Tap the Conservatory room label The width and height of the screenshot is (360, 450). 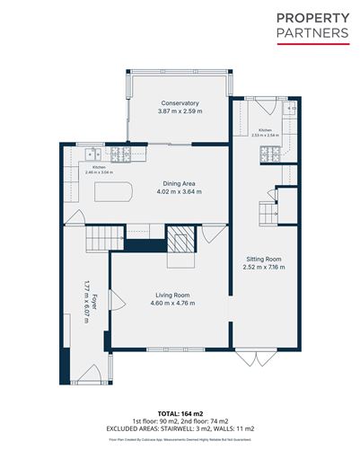(180, 102)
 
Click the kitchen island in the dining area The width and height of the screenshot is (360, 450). (113, 191)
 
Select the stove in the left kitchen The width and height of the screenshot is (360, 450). (119, 154)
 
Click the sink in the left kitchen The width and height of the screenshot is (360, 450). (94, 154)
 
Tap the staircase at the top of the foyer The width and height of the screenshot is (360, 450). (103, 238)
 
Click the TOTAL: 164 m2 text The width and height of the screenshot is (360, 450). (180, 411)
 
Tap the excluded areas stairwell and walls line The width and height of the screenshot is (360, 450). (180, 428)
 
